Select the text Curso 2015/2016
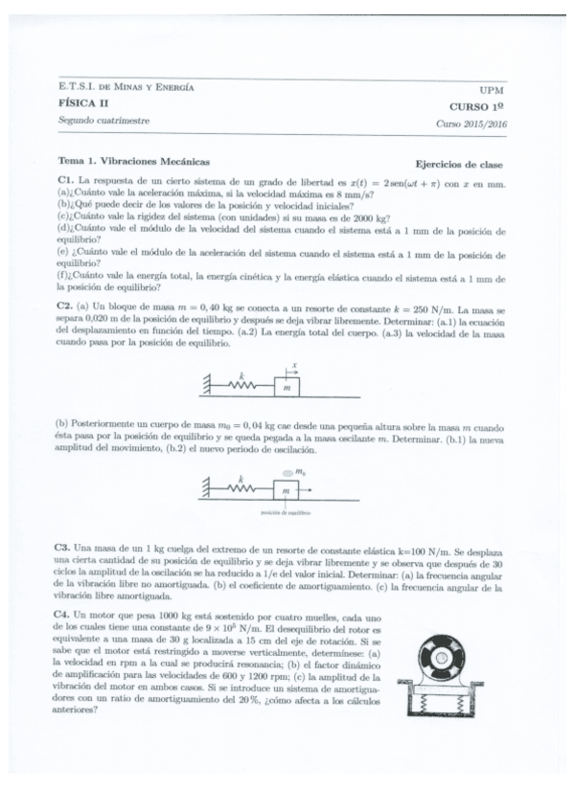[x=471, y=124]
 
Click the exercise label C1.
[x=65, y=181]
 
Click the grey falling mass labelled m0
[x=288, y=474]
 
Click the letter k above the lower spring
[x=241, y=476]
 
